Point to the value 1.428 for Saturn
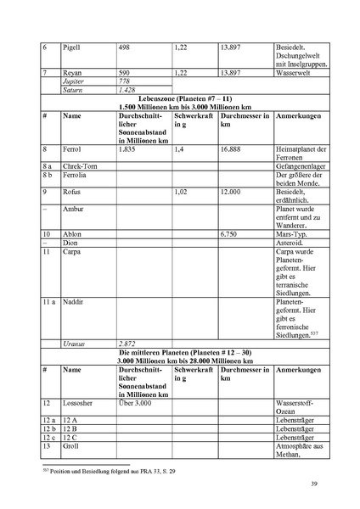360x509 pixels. [x=128, y=89]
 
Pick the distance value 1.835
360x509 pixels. [x=128, y=148]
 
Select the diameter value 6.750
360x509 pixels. [x=230, y=233]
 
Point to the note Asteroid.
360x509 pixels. [x=290, y=241]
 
